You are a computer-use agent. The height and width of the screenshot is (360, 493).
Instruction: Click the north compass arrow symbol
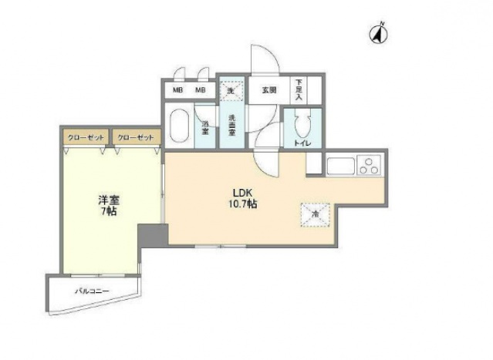(380, 34)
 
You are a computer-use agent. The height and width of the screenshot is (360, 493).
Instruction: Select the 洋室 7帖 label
(107, 205)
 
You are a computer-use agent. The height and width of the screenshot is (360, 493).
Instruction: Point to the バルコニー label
(92, 292)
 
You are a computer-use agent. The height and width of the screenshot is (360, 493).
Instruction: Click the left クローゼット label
(86, 136)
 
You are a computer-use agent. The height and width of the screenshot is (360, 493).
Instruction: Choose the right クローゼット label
(136, 136)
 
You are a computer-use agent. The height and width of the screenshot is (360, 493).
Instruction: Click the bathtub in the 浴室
(179, 126)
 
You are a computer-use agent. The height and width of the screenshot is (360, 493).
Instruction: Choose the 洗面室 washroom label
(231, 125)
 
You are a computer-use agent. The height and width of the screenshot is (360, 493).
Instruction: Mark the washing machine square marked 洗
(230, 90)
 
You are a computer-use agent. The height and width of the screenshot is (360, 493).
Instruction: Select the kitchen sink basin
(339, 167)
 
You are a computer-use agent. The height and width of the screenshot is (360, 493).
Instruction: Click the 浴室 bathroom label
(205, 128)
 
